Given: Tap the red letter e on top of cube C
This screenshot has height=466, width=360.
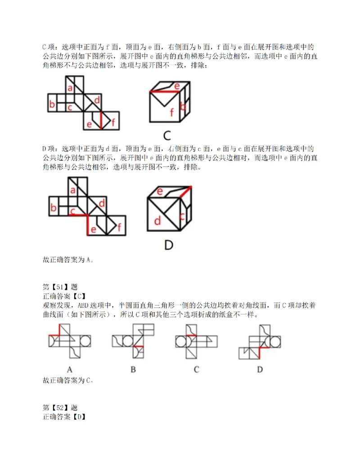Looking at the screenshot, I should coord(177,86).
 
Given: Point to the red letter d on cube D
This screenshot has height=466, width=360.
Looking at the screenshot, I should coord(157,221).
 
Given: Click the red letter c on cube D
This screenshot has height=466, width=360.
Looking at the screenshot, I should coord(182,216).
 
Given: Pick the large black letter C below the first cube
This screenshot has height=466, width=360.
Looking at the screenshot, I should coord(167,135).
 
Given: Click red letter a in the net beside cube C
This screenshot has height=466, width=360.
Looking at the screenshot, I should coord(70,88).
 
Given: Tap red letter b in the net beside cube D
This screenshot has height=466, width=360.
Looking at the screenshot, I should coord(53,208).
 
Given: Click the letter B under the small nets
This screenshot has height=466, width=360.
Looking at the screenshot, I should coord(133,370).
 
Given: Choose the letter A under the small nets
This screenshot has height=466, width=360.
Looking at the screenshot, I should coord(70,370).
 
